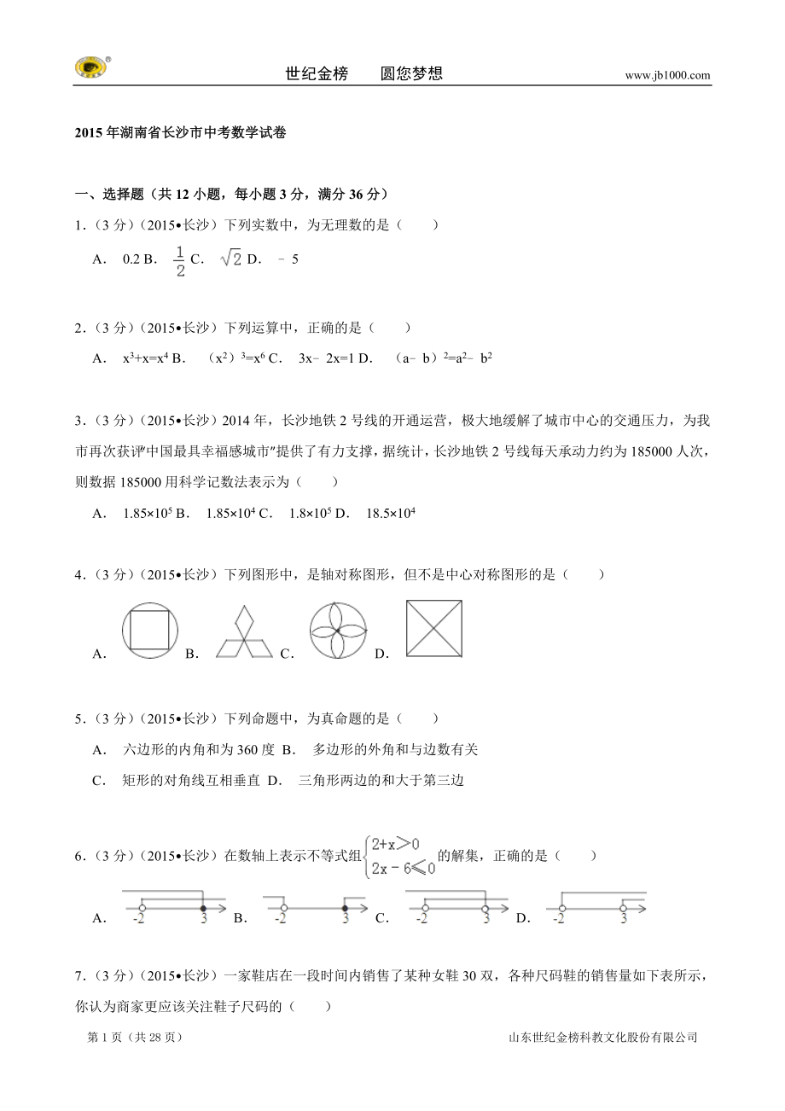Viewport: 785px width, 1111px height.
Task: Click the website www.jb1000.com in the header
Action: [667, 75]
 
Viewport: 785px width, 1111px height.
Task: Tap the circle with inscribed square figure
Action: [151, 631]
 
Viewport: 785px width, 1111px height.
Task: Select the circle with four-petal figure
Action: [337, 631]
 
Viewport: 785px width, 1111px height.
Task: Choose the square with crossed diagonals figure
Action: [434, 629]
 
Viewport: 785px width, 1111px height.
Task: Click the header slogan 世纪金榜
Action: [317, 73]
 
